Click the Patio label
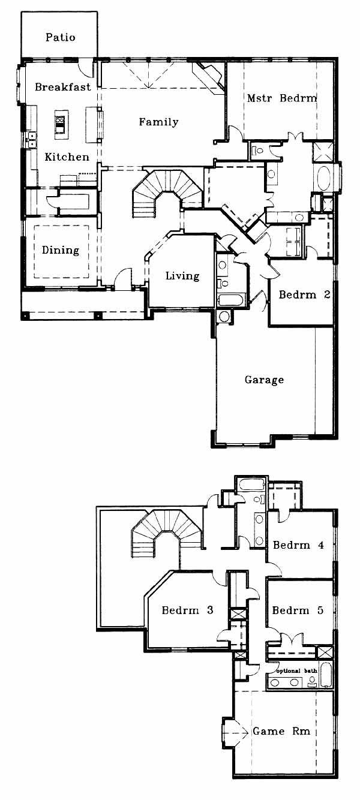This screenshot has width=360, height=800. point(61,38)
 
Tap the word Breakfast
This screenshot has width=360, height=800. point(63,87)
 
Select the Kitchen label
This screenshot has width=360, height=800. point(67,157)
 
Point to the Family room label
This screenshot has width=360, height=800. point(158,122)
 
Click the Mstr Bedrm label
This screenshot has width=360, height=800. point(282,98)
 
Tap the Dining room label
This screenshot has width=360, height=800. point(61,250)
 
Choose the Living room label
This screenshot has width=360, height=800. point(182,276)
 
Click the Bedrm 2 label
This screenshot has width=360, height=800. point(305,294)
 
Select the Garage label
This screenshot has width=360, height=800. point(264,380)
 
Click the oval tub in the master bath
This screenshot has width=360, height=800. point(324,178)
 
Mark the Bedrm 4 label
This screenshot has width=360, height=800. point(299,545)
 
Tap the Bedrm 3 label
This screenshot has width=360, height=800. point(187,610)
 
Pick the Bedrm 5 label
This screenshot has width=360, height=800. point(298,610)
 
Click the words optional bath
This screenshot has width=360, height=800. point(297,671)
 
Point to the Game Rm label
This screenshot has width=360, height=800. point(282,731)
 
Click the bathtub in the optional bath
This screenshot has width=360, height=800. point(326,674)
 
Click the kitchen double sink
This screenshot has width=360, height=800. point(32,140)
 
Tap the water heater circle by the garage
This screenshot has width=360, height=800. point(224,317)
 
